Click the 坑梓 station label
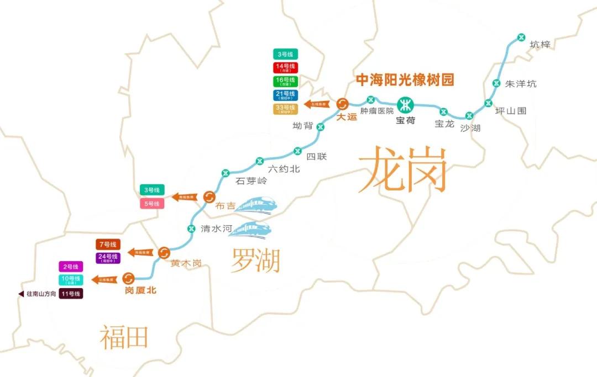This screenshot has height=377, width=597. (540, 45)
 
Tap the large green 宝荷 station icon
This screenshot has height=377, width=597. (406, 104)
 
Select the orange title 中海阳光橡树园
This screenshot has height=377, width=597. (405, 81)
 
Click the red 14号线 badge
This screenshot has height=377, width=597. (285, 68)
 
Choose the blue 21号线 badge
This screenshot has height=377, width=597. (285, 95)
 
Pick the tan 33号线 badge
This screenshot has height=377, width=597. (285, 109)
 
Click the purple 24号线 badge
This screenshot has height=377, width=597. (107, 258)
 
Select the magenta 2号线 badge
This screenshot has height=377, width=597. (71, 267)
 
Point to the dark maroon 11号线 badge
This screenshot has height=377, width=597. (71, 294)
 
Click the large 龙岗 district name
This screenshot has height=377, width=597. (402, 169)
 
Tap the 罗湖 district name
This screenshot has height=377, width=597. (255, 260)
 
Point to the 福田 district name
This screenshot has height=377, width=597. (124, 337)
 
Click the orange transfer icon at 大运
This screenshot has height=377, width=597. (342, 104)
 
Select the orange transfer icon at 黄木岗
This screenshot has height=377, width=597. (164, 252)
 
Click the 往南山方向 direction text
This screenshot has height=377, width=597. (41, 294)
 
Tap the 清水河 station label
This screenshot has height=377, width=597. (214, 229)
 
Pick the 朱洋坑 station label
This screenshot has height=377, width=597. (521, 84)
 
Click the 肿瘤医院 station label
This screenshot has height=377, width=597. (377, 111)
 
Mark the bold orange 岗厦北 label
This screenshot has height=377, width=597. (141, 290)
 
